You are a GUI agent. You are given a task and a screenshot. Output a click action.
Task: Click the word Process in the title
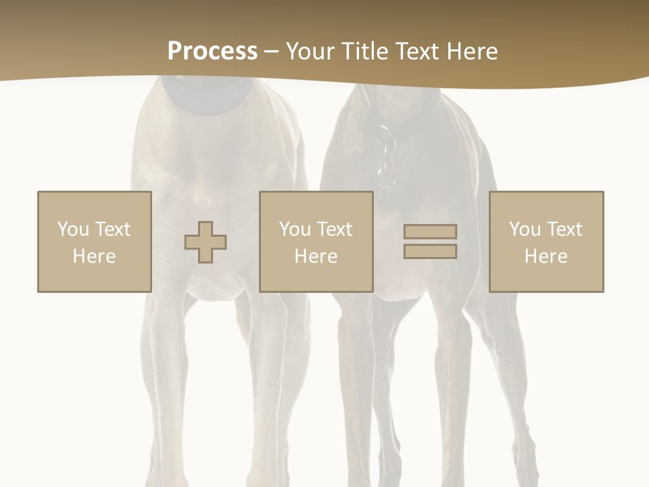(x=212, y=51)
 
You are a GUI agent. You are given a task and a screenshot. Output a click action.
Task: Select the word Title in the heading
(x=363, y=51)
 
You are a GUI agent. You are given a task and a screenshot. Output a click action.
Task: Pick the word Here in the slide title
(x=473, y=51)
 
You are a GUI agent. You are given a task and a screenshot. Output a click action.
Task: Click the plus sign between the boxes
(x=206, y=242)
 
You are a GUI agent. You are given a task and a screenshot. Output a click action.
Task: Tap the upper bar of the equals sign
(x=430, y=231)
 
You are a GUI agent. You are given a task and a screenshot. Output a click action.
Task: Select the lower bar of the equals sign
(x=430, y=252)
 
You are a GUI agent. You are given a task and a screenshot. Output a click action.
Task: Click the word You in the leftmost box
(x=73, y=229)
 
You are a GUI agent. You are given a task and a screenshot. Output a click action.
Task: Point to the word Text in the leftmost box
(x=112, y=229)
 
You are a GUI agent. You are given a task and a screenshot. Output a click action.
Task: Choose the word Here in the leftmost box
(x=94, y=256)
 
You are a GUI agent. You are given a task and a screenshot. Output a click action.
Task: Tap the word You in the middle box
(x=295, y=229)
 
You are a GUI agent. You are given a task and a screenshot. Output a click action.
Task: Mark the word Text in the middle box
(x=334, y=229)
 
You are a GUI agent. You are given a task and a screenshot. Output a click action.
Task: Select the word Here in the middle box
(x=316, y=256)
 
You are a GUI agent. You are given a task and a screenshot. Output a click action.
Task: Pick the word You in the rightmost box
(x=525, y=229)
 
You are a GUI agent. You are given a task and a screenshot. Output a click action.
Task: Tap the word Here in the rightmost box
(x=546, y=256)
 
